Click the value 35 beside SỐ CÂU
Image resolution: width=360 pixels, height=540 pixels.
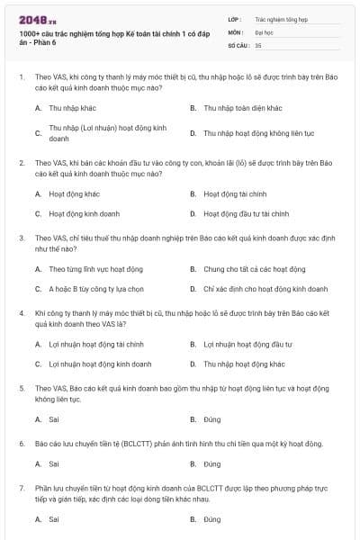tap(258, 44)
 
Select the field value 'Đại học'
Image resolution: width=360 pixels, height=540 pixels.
tap(265, 31)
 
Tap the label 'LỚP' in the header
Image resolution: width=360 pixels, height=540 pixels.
tap(235, 18)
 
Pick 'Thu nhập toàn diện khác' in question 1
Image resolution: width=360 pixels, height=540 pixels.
tap(242, 107)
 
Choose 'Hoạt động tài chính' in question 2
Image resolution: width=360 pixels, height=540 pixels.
tap(235, 193)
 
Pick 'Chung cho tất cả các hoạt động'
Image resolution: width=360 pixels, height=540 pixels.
tap(254, 268)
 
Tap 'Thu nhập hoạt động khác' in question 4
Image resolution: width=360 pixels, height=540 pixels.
tap(244, 364)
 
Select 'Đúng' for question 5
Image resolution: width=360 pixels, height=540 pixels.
tap(211, 419)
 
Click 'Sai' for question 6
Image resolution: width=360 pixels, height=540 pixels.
tap(54, 464)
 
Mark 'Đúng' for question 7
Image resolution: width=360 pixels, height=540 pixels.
tap(211, 519)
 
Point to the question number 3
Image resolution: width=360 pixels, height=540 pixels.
tap(21, 238)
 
